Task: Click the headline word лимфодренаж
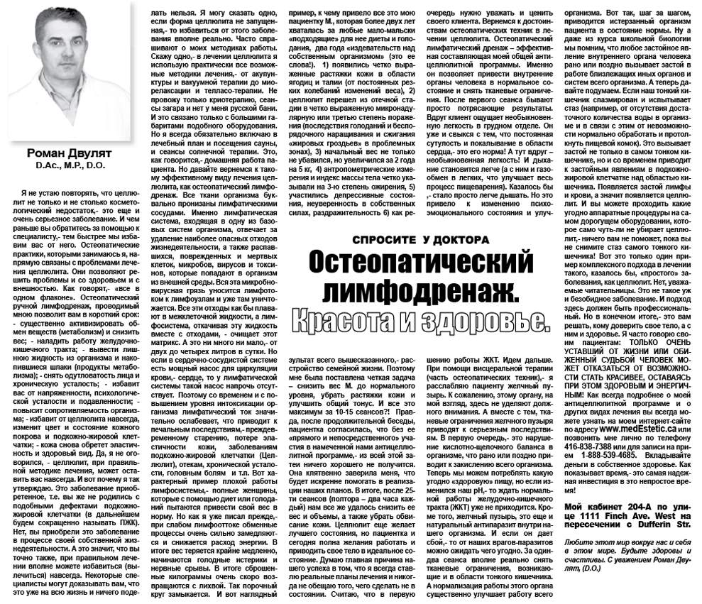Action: tap(422, 290)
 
